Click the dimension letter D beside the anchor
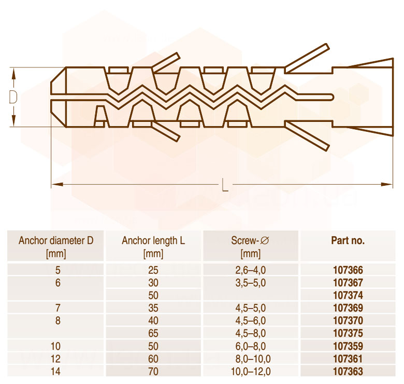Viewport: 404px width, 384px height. pos(13,97)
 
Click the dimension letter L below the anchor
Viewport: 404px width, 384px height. pos(225,185)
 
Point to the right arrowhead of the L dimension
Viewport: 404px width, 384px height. pos(387,184)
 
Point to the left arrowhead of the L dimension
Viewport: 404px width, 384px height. pos(57,184)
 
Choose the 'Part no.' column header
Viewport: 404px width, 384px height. pos(348,241)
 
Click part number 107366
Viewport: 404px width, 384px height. pos(348,270)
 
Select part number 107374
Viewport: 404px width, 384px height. pos(348,295)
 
